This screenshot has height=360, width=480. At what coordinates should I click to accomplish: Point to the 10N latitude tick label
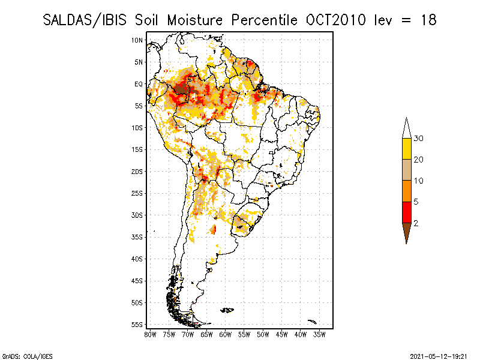(137, 40)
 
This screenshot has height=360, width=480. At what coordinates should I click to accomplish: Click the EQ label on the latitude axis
(138, 84)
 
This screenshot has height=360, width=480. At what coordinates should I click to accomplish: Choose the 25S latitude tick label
(137, 193)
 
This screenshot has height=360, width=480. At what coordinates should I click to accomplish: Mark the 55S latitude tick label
(137, 324)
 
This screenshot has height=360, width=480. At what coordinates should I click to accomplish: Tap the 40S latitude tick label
(137, 259)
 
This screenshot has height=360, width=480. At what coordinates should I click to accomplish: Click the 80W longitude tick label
(150, 334)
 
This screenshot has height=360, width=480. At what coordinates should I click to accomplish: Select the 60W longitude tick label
(226, 334)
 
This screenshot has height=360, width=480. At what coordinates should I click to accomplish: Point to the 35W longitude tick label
(320, 334)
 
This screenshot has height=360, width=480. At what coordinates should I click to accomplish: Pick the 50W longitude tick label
(263, 334)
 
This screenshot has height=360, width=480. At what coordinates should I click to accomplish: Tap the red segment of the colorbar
(406, 212)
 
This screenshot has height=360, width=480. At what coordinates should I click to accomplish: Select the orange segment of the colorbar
(406, 191)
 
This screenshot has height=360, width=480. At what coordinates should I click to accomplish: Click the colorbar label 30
(419, 139)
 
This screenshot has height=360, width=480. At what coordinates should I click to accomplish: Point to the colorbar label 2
(416, 223)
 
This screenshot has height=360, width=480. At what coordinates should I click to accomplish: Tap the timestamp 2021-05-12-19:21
(439, 355)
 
